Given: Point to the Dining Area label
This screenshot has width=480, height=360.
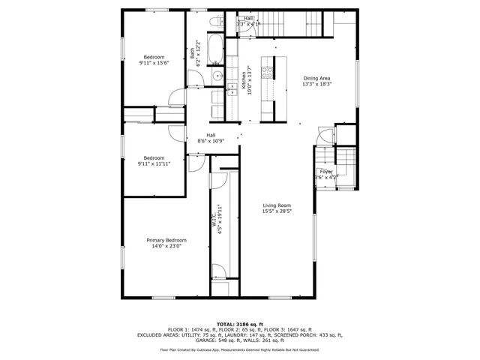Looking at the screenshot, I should pyautogui.click(x=316, y=78).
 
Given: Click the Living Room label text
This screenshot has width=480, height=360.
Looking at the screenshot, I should pyautogui.click(x=277, y=205).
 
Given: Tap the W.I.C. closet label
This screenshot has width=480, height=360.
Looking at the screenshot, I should pyautogui.click(x=213, y=221).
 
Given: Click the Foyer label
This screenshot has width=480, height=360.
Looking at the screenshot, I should pyautogui.click(x=326, y=172).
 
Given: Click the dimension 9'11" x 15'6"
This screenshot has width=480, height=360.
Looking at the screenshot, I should pyautogui.click(x=154, y=63).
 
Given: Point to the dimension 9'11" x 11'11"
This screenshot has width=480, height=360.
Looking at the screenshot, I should pyautogui.click(x=154, y=163).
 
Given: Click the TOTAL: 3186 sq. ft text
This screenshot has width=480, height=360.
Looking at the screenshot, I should pyautogui.click(x=239, y=323).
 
